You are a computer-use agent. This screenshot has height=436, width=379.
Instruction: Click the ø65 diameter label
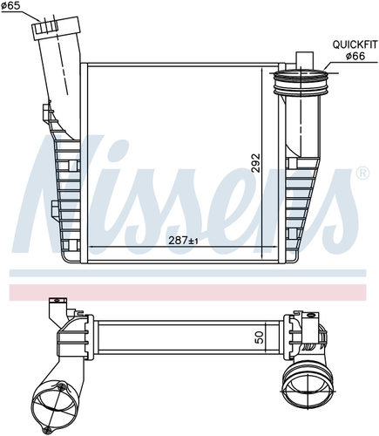point(10,6)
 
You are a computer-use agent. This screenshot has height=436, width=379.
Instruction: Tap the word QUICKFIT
point(355,44)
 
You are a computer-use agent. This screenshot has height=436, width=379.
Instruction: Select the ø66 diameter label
point(355,56)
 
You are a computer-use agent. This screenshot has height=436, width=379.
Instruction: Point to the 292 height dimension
point(256,163)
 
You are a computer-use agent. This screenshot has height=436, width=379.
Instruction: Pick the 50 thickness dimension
point(260,337)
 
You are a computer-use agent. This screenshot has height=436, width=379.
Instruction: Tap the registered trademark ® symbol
point(362,174)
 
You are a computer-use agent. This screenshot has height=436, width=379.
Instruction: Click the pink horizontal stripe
point(187,292)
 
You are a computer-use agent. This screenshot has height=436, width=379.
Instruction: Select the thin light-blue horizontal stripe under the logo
point(187,273)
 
